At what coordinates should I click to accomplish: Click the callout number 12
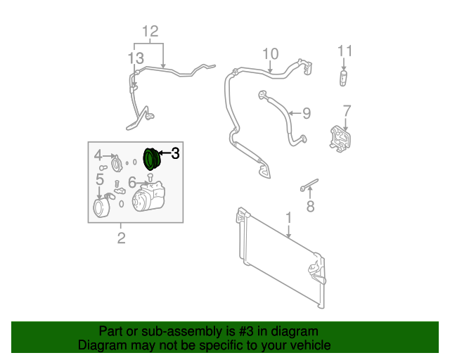150,32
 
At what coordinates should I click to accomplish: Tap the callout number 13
136,58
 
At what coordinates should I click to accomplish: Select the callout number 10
271,53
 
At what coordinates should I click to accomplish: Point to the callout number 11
345,51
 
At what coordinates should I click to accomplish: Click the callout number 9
307,112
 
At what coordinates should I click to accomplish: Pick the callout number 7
347,110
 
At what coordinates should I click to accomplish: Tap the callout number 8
310,207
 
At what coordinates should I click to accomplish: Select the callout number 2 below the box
121,238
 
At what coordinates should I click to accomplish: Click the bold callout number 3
175,153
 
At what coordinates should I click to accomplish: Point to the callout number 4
98,155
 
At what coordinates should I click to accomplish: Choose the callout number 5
100,180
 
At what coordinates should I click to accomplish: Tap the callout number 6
132,182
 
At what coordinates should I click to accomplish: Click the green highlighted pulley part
151,159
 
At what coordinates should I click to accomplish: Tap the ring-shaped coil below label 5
102,209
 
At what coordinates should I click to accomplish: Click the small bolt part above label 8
308,186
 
